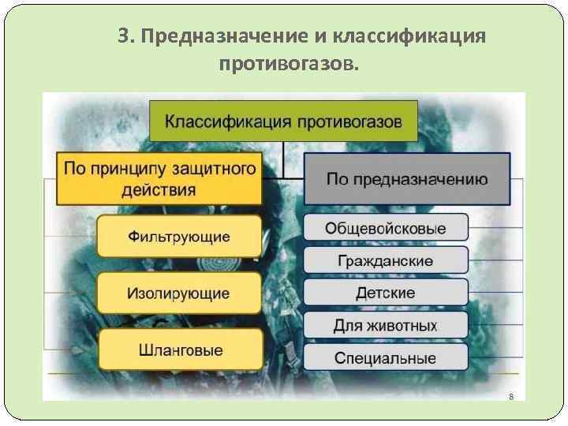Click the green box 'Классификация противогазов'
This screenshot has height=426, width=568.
283,121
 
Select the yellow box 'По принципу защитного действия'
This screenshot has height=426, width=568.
159,179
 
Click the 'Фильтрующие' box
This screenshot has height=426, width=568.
179,236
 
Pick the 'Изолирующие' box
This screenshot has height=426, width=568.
179,293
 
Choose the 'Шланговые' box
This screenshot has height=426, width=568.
179,350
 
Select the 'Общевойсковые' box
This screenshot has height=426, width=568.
385,229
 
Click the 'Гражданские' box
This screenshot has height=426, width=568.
385,260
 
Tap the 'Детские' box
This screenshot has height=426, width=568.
385,293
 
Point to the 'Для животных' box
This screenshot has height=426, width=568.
385,325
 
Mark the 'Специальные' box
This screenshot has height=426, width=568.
385,357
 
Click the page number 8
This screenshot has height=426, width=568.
511,396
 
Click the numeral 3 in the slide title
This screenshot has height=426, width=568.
123,36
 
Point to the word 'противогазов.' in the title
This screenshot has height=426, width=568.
289,62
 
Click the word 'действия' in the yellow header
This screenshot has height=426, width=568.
159,190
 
